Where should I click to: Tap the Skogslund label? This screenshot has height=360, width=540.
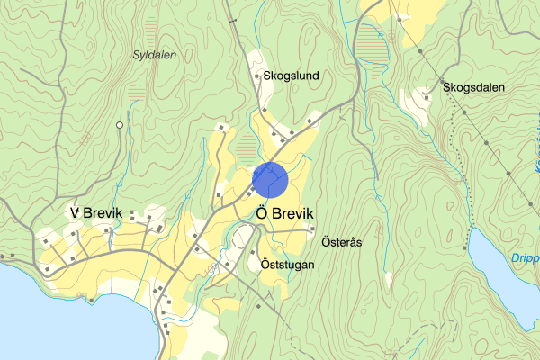(291, 76)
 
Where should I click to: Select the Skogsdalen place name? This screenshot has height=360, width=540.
(473, 87)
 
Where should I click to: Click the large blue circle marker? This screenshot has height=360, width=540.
(270, 180)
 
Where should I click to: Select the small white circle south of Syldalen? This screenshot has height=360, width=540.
(119, 125)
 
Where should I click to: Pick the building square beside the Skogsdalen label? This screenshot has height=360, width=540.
(426, 92)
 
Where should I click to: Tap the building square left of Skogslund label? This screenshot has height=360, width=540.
(255, 77)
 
